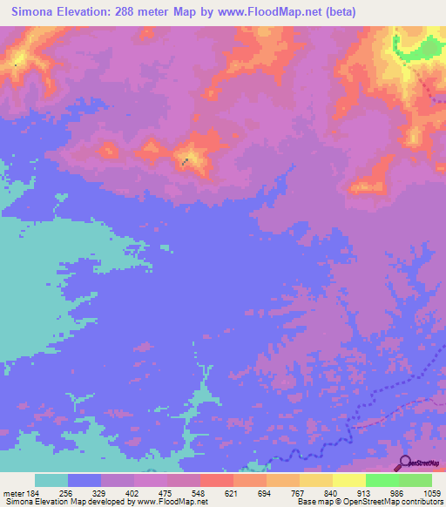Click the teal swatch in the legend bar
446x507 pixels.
pos(51,480)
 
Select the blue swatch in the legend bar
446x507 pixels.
pos(84,480)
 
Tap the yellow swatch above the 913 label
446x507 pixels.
pos(348,480)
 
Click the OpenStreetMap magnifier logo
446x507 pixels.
pos(404,463)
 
